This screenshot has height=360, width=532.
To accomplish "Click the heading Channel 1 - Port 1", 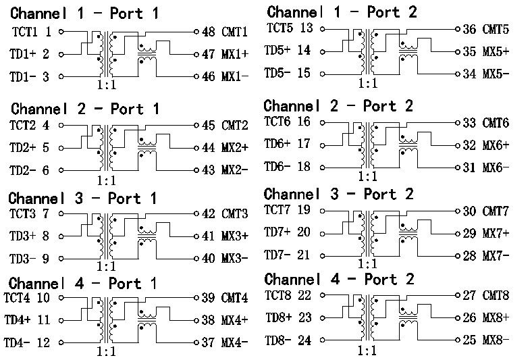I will [84, 13].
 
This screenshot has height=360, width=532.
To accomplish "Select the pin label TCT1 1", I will [32, 31].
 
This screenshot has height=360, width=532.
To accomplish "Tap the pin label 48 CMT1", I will [225, 32].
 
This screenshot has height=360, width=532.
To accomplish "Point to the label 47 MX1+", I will [225, 55].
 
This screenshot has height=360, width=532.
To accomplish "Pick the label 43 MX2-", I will [225, 170].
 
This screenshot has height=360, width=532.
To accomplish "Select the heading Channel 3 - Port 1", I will [82, 199].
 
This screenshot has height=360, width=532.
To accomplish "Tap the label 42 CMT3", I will [225, 214].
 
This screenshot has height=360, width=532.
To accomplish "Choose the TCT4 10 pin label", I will [27, 297].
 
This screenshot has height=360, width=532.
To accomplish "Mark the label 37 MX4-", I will [225, 342].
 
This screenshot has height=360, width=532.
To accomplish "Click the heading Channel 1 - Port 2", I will [342, 11].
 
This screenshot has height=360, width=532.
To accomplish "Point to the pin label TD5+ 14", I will [288, 51].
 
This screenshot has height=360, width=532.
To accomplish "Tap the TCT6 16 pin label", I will [288, 122].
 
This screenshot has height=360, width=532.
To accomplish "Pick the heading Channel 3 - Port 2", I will [339, 195].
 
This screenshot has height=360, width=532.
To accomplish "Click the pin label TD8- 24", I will [288, 340].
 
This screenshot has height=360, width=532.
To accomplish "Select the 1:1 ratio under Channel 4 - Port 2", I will [367, 351].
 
